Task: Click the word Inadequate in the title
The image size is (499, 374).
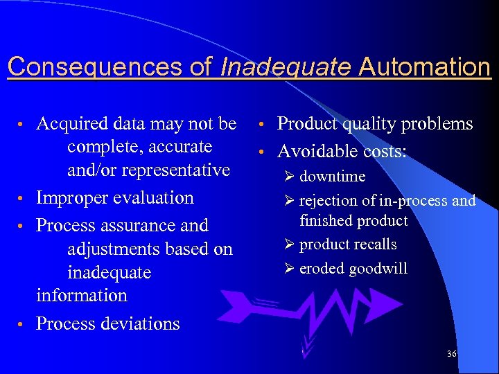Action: [286, 67]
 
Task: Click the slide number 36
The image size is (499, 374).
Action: [452, 354]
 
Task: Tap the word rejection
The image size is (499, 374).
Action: [329, 201]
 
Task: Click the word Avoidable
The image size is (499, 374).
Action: [317, 151]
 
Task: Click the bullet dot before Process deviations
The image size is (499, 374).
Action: [23, 325]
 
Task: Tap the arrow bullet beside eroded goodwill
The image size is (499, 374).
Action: [290, 269]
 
